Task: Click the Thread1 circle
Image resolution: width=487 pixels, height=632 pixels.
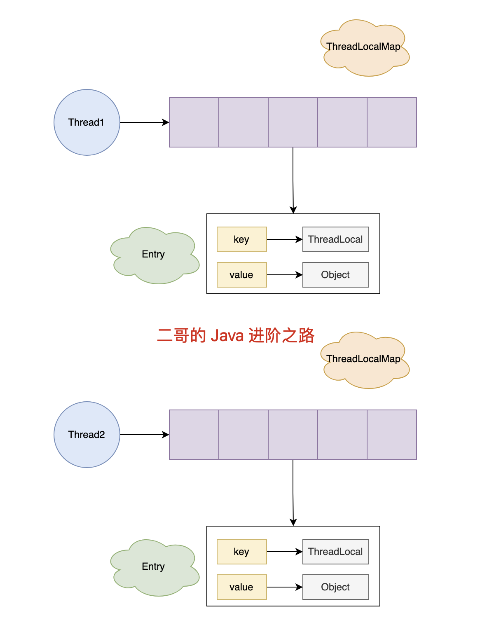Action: [87, 122]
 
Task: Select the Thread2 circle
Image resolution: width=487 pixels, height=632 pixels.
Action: [87, 435]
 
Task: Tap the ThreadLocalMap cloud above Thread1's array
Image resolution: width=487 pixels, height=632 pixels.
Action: [364, 48]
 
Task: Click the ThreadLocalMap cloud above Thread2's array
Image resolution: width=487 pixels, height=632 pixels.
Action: [364, 360]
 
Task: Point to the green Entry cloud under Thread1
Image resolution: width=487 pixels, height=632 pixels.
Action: [154, 255]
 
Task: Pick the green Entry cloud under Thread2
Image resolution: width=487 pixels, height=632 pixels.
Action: [154, 567]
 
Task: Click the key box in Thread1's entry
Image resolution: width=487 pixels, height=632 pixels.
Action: [241, 239]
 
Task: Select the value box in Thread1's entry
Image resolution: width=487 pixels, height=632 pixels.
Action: [241, 275]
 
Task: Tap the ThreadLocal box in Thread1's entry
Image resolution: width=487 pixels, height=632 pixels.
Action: [335, 239]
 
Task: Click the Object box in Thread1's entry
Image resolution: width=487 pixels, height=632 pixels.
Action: [335, 275]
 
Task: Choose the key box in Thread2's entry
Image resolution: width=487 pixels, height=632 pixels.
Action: [241, 552]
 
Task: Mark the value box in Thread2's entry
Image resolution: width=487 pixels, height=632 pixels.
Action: [241, 587]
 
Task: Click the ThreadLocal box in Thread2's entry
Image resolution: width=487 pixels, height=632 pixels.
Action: [335, 552]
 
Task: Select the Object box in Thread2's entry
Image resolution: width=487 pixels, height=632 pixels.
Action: [335, 587]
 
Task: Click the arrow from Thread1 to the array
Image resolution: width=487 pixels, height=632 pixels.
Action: [144, 122]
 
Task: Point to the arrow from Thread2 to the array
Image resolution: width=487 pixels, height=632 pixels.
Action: [144, 435]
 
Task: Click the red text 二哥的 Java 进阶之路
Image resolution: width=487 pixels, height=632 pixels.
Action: [236, 335]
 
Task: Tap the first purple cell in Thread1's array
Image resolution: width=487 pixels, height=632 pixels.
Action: [194, 122]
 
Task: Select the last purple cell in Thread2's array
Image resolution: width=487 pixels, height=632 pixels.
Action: [392, 435]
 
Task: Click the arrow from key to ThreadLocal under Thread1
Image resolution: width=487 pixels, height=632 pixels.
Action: [284, 239]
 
